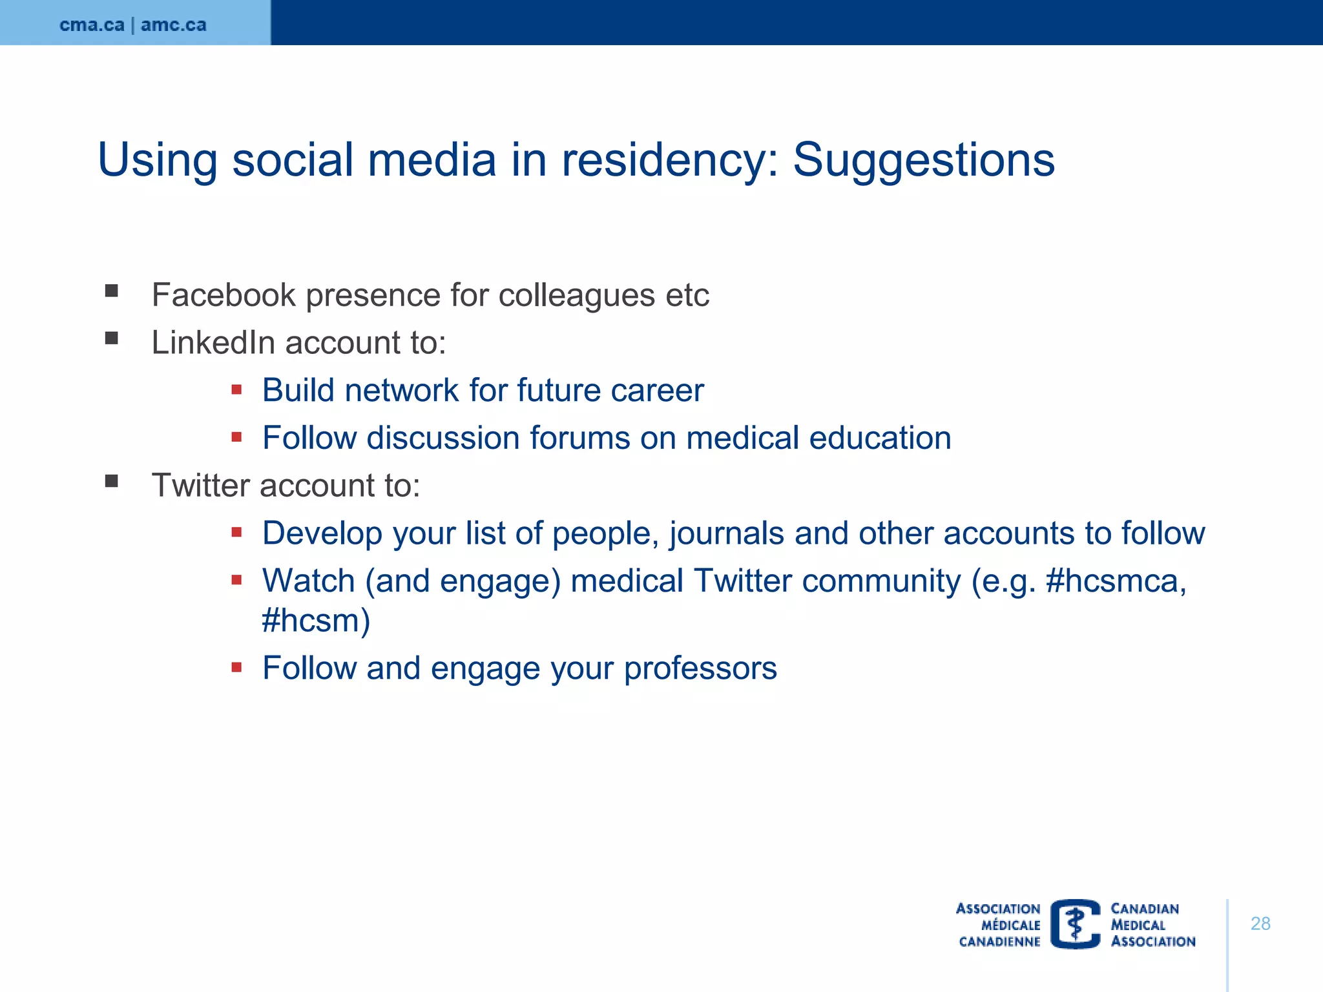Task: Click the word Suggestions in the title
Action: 923,160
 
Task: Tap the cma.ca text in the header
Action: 92,25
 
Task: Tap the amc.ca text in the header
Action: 173,25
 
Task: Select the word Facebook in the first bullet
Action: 224,295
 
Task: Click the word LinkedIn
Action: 213,342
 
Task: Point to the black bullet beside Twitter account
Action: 112,481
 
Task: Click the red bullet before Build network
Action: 236,389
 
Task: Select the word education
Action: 880,438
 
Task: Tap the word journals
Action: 726,534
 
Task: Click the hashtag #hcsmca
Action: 1115,581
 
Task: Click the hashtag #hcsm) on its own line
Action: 316,621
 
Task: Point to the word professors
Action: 700,668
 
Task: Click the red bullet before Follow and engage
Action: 236,667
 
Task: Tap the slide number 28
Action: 1260,924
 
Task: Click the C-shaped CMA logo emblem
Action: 1075,924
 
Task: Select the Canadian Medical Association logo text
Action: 1152,925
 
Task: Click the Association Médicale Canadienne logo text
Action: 999,925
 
